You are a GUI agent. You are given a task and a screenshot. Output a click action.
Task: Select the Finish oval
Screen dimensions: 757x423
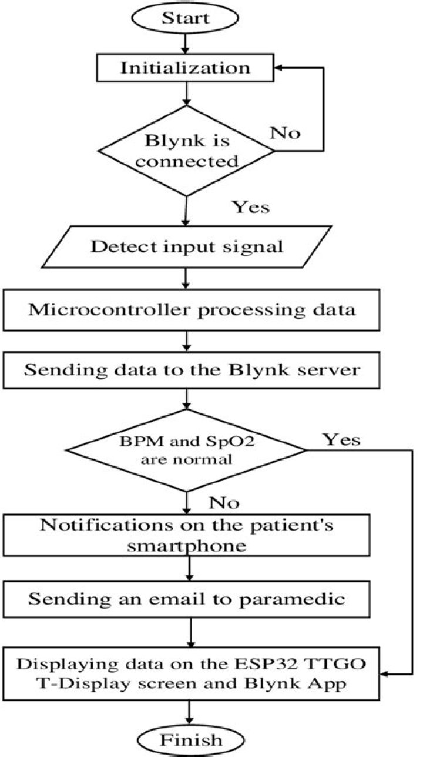point(190,739)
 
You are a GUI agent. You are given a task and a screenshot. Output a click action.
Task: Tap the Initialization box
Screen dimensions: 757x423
point(186,68)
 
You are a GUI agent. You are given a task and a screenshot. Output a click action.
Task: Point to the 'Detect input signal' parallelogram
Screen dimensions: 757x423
point(186,246)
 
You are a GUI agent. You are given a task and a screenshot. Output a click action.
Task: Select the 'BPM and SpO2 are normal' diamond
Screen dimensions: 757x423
point(186,451)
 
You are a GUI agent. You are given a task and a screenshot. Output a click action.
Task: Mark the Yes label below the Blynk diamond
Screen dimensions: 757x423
point(251,207)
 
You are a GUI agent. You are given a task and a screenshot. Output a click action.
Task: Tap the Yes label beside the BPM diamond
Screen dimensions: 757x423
point(341,439)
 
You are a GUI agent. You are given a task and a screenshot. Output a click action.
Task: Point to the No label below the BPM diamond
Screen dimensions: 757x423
point(224,503)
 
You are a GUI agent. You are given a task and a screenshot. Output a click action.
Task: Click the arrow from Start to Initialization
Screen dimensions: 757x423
point(186,42)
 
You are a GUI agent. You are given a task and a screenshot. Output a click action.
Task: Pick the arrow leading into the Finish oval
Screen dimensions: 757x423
point(189,712)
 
